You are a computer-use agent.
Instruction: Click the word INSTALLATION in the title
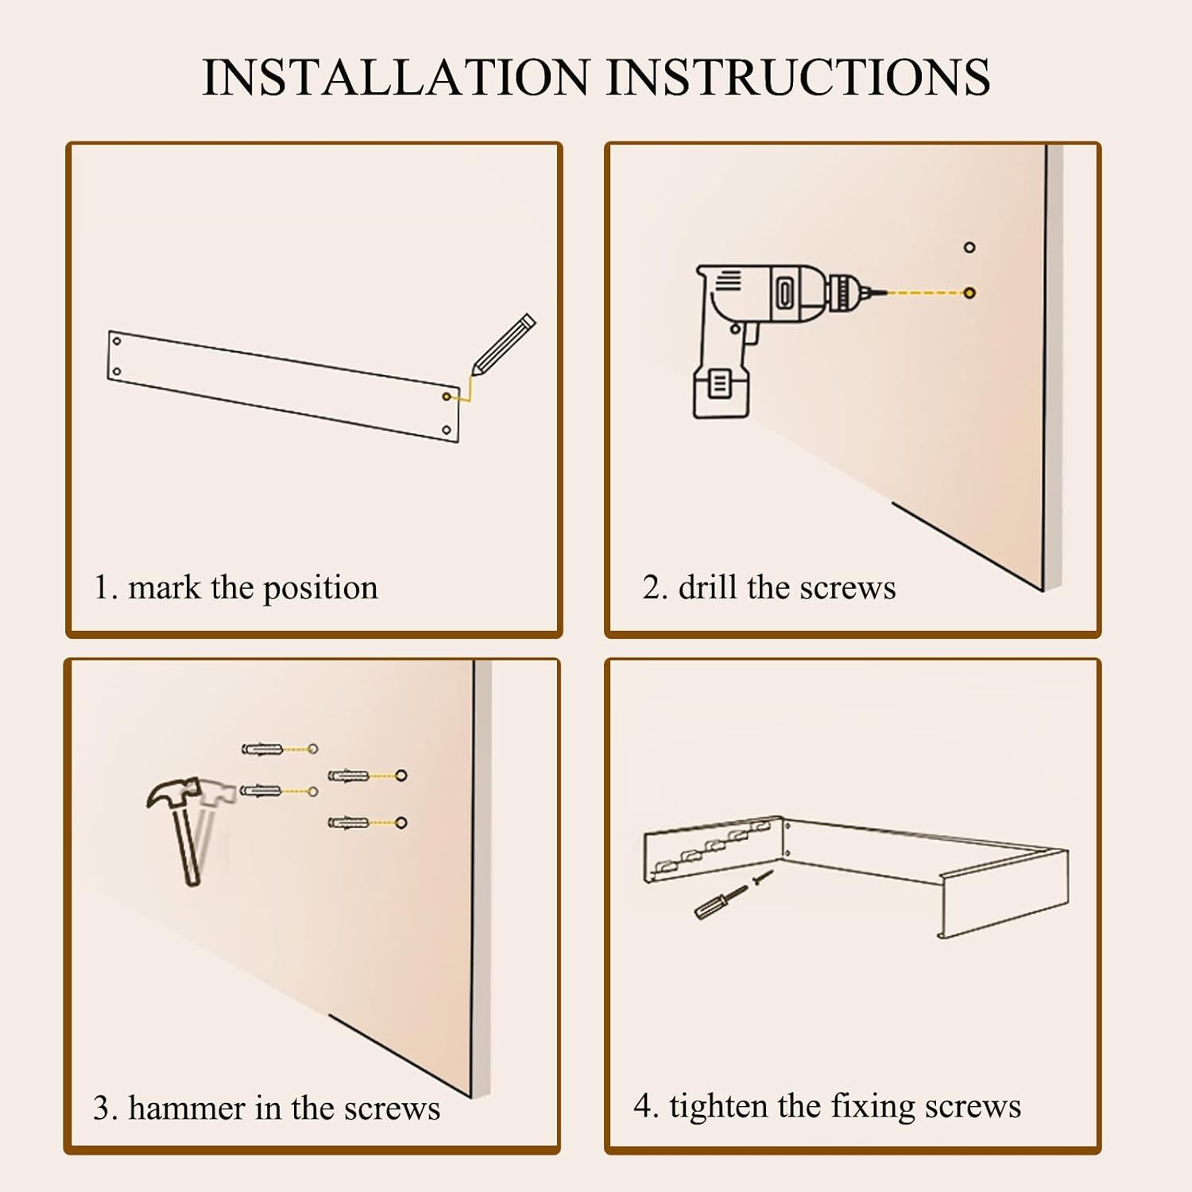pos(396,77)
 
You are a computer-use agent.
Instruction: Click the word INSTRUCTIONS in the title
pos(799,77)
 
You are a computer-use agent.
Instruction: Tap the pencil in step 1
pos(504,345)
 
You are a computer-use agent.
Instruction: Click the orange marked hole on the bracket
pos(447,397)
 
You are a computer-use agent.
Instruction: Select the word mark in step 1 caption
pos(164,588)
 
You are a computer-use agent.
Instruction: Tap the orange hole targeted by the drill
pos(969,293)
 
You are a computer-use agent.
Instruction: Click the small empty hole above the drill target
pos(969,248)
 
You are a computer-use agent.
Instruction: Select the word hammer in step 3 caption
pos(187,1109)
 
